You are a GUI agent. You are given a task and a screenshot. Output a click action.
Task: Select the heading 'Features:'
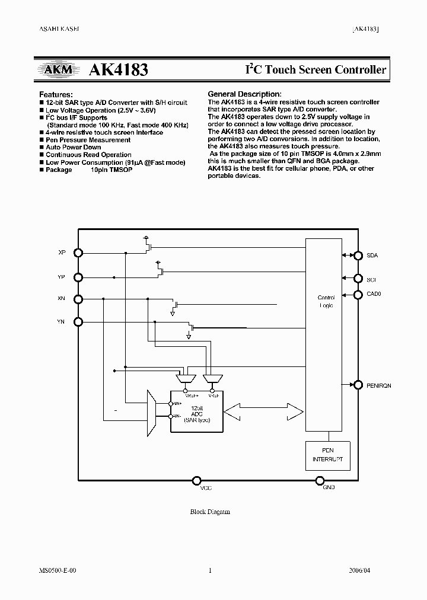pyautogui.click(x=56, y=94)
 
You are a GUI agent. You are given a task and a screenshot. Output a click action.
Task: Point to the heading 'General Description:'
pyautogui.click(x=244, y=94)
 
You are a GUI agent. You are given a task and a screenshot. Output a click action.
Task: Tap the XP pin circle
pyautogui.click(x=78, y=252)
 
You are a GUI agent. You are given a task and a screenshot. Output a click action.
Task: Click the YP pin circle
pyautogui.click(x=78, y=276)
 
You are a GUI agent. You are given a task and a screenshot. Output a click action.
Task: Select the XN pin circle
pyautogui.click(x=78, y=299)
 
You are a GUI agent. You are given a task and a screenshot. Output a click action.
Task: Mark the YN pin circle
pyautogui.click(x=78, y=321)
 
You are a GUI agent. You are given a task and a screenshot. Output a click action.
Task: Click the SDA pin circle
pyautogui.click(x=358, y=256)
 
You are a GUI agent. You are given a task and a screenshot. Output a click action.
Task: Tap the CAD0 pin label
pyautogui.click(x=374, y=293)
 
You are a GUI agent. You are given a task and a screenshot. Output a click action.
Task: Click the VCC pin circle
pyautogui.click(x=196, y=480)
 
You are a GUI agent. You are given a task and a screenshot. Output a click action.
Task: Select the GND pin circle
pyautogui.click(x=320, y=480)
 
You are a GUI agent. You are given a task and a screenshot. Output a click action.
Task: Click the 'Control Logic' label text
pyautogui.click(x=326, y=301)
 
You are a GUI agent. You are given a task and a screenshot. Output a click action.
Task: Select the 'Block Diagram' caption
pyautogui.click(x=210, y=512)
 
